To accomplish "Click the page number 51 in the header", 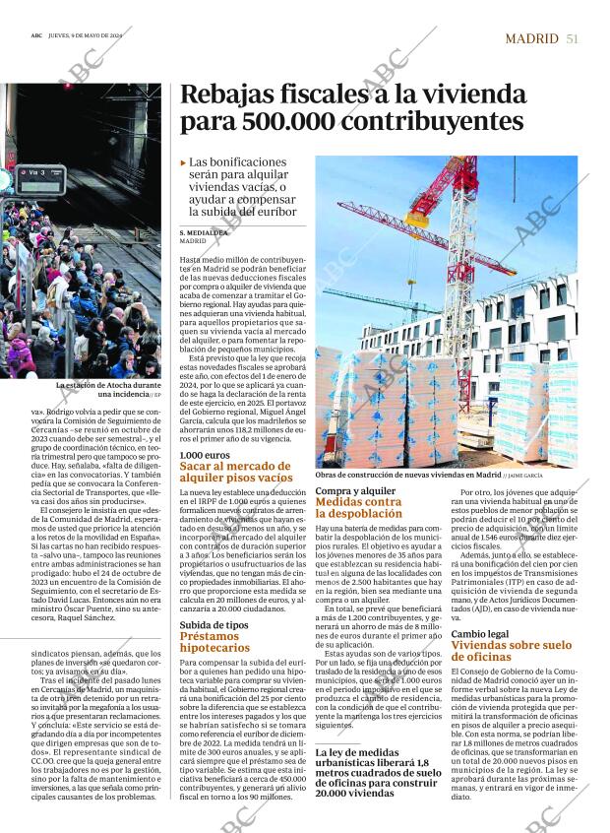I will click(x=572, y=38).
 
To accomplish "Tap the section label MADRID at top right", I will click(x=530, y=38).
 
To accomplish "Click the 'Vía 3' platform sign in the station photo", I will click(x=36, y=172).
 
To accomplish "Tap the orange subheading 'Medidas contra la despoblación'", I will click(x=358, y=508).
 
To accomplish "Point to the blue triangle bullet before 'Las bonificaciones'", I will click(x=183, y=161).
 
